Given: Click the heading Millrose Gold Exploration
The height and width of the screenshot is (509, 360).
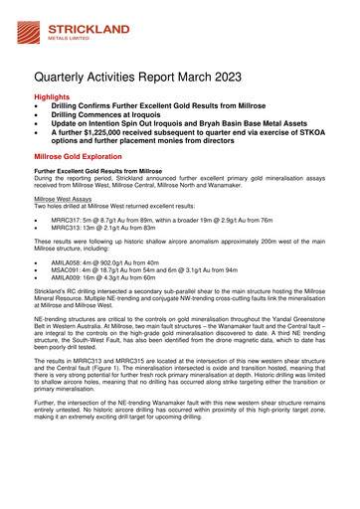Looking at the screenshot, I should click(x=86, y=157).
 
